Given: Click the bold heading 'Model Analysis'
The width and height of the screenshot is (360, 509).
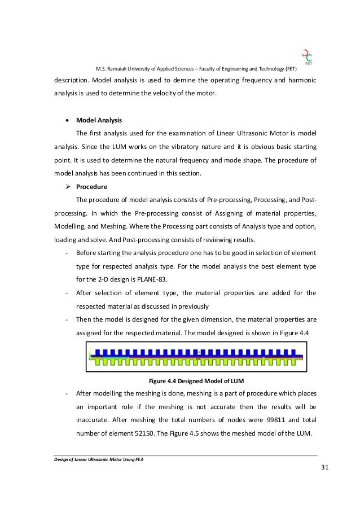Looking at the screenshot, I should click(98, 120).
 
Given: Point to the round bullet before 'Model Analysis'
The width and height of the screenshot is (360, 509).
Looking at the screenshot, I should click(68, 120).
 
